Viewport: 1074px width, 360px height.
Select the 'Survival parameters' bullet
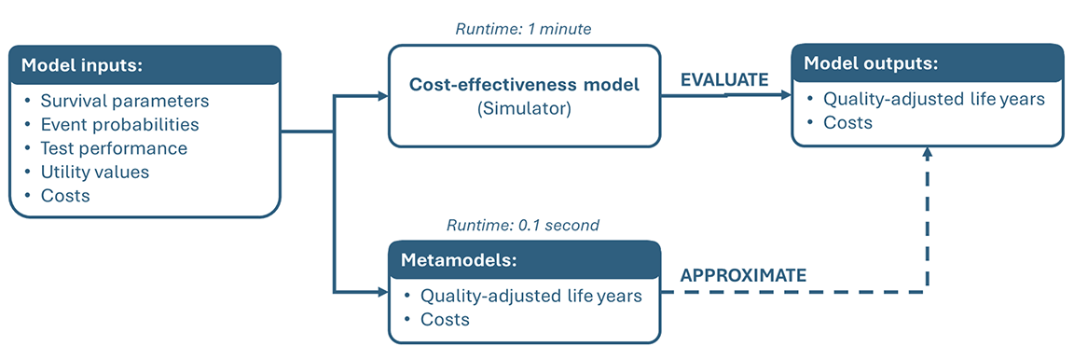pos(124,101)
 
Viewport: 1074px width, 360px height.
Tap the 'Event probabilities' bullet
pos(120,124)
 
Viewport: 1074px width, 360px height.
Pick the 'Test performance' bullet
pos(114,147)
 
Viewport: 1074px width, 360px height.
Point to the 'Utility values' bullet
pos(94,172)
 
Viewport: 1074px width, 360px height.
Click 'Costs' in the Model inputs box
pos(65,195)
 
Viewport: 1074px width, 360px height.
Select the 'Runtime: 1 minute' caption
pos(523,30)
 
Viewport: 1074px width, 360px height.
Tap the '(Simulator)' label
pos(524,108)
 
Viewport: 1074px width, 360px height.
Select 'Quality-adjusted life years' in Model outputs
pos(933,99)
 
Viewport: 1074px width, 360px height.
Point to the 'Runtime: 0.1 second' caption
pos(523,225)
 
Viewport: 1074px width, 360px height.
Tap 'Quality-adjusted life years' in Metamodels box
pos(530,296)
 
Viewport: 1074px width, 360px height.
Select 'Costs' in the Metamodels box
pos(445,320)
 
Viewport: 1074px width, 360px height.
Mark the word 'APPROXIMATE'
pos(743,276)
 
